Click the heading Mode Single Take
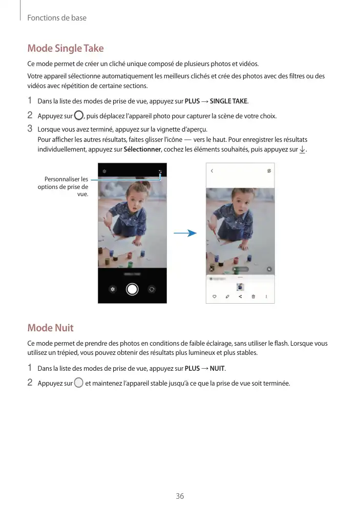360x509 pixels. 66,49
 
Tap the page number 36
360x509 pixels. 180,496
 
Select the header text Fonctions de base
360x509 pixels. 57,18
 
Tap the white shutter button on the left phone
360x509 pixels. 132,289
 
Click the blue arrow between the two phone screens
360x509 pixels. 185,234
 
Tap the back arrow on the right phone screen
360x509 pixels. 212,171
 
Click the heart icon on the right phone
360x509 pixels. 214,296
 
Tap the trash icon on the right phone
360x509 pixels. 253,296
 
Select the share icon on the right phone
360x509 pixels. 240,296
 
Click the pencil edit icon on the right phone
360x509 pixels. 227,296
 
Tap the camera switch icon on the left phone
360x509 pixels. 152,289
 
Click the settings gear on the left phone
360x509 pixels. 104,171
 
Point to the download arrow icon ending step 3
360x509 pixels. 302,150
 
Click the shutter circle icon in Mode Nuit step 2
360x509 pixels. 78,383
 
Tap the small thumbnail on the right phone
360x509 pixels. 240,287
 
